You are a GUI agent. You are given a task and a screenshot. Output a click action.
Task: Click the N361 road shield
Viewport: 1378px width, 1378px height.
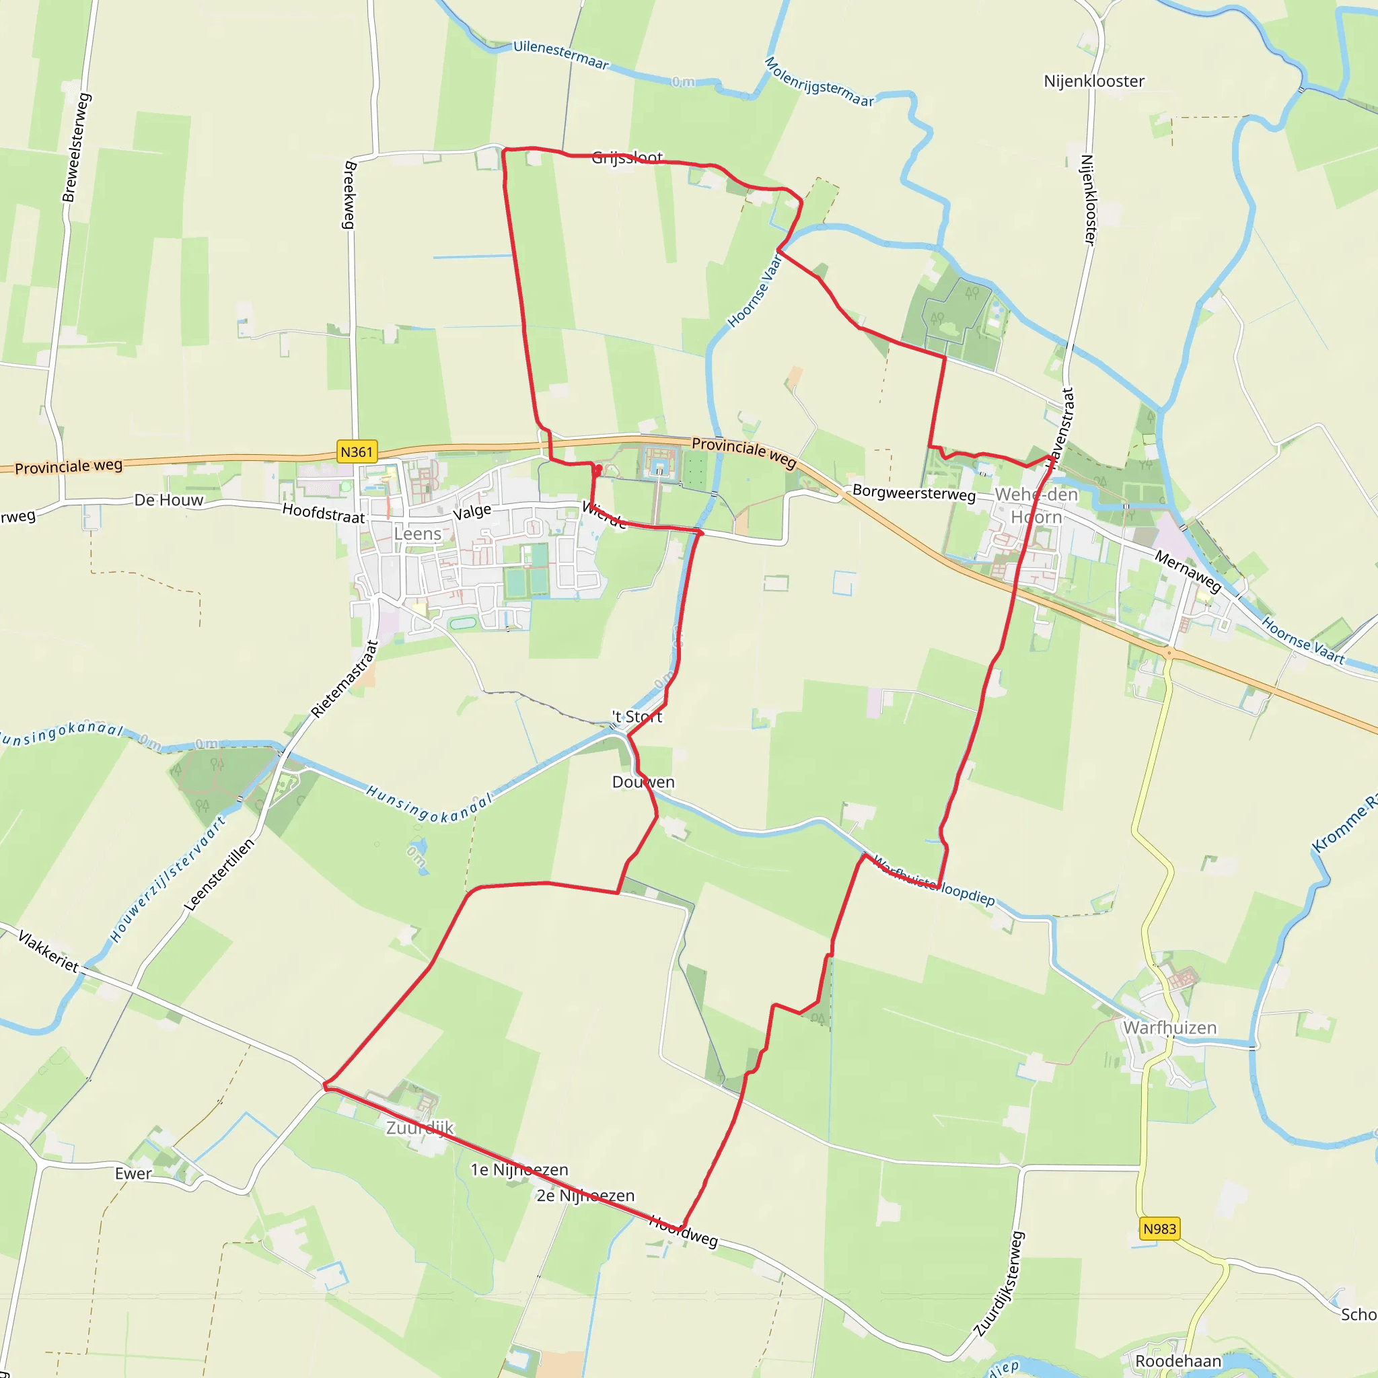pyautogui.click(x=357, y=451)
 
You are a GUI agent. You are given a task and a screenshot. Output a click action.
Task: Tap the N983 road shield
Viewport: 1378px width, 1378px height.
pyautogui.click(x=1159, y=1228)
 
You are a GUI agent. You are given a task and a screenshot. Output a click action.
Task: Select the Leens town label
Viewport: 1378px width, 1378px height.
pyautogui.click(x=417, y=534)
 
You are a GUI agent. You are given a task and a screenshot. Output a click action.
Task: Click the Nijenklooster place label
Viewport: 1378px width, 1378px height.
pyautogui.click(x=1093, y=81)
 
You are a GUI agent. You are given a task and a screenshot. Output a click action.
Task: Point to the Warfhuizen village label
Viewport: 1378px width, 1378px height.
pyautogui.click(x=1169, y=1028)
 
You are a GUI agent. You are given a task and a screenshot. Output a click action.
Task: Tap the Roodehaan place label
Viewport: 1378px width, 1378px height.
pyautogui.click(x=1178, y=1361)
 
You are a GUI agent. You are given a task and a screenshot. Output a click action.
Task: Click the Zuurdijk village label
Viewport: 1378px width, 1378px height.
pyautogui.click(x=420, y=1128)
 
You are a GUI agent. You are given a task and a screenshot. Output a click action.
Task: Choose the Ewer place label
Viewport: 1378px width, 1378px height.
pyautogui.click(x=133, y=1173)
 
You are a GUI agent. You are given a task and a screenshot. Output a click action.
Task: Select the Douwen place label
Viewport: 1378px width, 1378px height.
pyautogui.click(x=643, y=782)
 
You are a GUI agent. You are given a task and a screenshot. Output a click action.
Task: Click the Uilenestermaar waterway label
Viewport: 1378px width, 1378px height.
pyautogui.click(x=561, y=55)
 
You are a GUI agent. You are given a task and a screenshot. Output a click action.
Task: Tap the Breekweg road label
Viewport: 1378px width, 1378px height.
pyautogui.click(x=349, y=194)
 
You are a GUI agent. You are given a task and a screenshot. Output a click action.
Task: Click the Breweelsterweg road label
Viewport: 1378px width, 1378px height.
pyautogui.click(x=76, y=147)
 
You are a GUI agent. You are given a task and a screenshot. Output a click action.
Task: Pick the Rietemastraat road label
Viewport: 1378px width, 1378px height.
pyautogui.click(x=344, y=679)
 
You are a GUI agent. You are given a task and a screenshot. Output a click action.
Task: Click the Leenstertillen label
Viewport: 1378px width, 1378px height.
pyautogui.click(x=219, y=875)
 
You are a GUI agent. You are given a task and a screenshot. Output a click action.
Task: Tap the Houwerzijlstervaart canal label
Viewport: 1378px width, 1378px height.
pyautogui.click(x=168, y=879)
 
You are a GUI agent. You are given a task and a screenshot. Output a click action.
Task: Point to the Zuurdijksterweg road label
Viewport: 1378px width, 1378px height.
pyautogui.click(x=999, y=1284)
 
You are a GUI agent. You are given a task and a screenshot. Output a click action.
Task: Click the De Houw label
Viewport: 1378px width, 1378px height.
pyautogui.click(x=169, y=500)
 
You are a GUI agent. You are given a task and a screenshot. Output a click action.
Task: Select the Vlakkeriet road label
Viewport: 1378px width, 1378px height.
pyautogui.click(x=48, y=951)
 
